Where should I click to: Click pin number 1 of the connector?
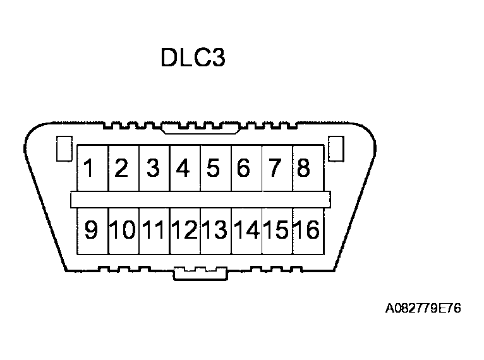pos(92,169)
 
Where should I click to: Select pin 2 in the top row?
pos(123,169)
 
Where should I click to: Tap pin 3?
pos(154,169)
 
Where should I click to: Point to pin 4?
pos(184,169)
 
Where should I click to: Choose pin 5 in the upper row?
pos(214,169)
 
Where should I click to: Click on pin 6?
pos(245,169)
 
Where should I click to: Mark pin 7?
pos(275,169)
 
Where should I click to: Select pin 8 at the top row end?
pos(305,169)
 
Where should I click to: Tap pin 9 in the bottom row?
pos(92,231)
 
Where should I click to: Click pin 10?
pos(123,231)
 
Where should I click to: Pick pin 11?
pos(154,231)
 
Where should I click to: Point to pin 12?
pos(184,231)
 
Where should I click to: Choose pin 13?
pos(214,231)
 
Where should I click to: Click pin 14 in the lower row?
pos(245,231)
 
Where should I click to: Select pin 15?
pos(276,231)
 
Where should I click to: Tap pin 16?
pos(306,231)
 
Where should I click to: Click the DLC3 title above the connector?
pos(193,58)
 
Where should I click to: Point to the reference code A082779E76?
pos(423,309)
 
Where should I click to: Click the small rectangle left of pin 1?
pos(63,149)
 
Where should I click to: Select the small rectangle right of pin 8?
pos(338,149)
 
